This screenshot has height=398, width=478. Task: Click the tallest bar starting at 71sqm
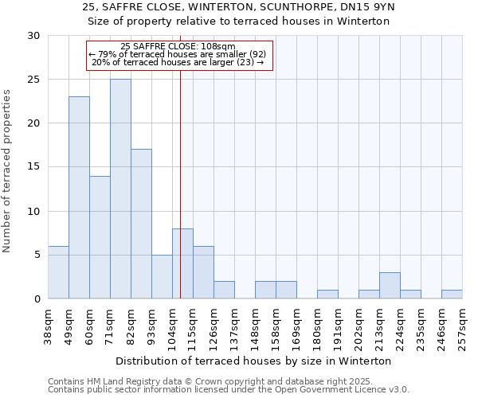(120, 189)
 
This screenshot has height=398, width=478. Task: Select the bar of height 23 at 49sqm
(79, 197)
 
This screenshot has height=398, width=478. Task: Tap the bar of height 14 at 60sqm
(100, 237)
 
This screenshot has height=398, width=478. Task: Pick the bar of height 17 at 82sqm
(141, 224)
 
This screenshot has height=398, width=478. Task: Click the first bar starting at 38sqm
(58, 272)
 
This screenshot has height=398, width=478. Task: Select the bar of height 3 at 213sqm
(390, 286)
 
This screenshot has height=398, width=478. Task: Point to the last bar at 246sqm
(452, 295)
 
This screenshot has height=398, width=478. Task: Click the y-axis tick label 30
(33, 36)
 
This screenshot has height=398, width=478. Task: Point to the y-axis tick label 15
(33, 167)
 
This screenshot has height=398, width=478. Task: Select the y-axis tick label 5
(36, 256)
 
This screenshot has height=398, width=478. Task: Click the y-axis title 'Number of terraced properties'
(8, 170)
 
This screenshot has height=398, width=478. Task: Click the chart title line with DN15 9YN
(238, 7)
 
